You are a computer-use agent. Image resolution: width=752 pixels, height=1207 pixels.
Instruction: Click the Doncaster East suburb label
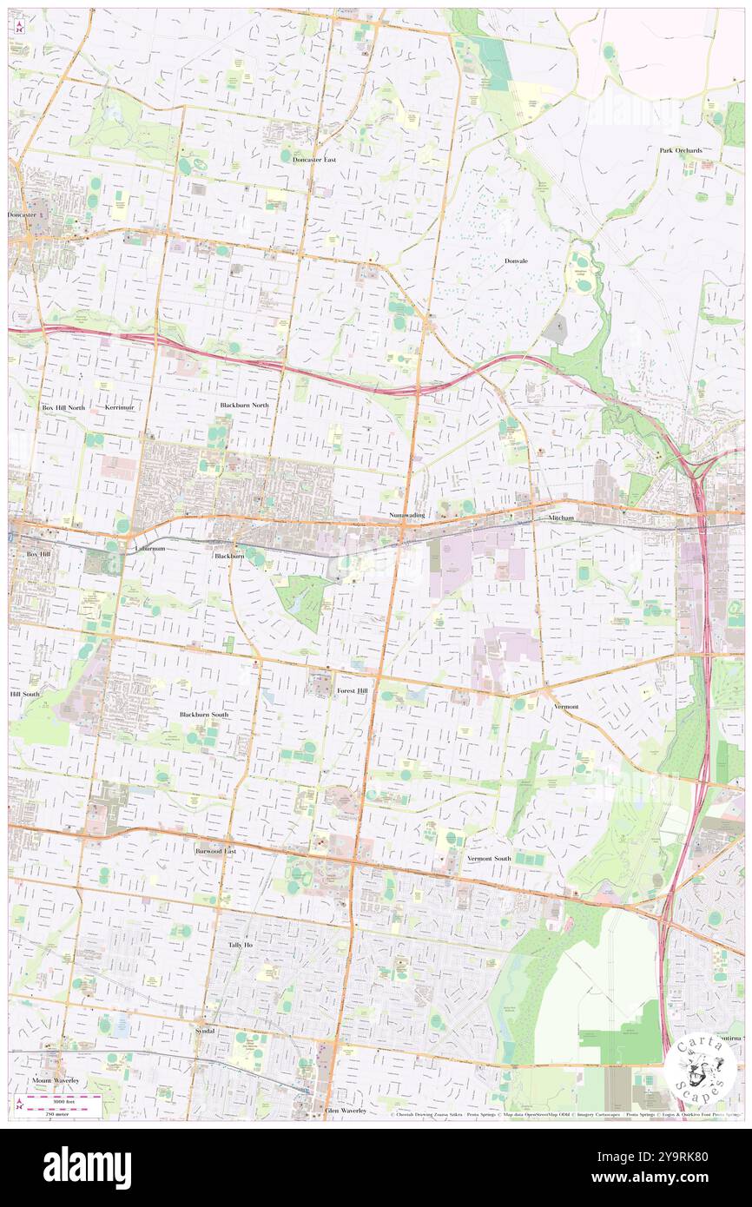(x=313, y=161)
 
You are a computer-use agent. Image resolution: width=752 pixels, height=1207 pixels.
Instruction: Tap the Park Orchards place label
(x=680, y=150)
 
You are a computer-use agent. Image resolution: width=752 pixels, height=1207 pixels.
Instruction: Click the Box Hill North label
(x=63, y=406)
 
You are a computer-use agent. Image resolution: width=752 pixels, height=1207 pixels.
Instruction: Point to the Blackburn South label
(x=204, y=715)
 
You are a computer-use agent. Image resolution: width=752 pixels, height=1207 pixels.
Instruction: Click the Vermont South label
(x=489, y=858)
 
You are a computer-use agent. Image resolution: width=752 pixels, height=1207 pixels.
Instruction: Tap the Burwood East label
(x=215, y=852)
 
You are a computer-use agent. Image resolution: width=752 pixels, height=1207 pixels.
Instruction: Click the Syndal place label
(x=205, y=1031)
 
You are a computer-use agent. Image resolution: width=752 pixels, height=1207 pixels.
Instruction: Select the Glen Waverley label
(x=346, y=1111)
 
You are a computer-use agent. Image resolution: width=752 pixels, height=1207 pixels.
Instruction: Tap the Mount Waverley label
(x=56, y=1080)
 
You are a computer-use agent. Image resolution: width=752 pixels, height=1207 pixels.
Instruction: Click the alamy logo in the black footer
(x=87, y=1168)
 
